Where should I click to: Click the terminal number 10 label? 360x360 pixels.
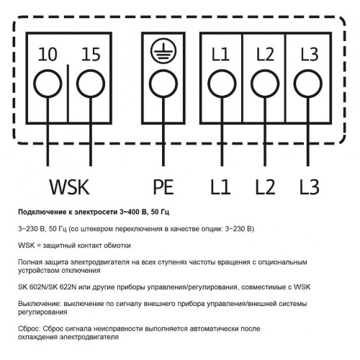click(48, 54)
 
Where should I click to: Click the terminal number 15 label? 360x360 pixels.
click(91, 54)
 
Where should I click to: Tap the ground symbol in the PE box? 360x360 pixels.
click(163, 51)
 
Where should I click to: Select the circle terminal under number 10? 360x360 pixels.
click(48, 84)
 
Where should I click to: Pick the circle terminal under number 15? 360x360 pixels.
click(91, 84)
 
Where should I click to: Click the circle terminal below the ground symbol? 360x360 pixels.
click(163, 84)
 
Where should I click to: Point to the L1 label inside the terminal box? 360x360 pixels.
click(220, 54)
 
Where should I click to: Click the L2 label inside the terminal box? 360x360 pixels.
click(265, 54)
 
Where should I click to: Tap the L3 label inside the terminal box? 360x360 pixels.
click(310, 54)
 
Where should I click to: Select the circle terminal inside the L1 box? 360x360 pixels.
click(222, 84)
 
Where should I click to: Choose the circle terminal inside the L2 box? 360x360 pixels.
click(265, 84)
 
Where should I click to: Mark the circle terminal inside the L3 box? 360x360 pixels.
click(308, 84)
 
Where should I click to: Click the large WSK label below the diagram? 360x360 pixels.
click(70, 187)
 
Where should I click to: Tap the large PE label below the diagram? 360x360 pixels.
click(163, 187)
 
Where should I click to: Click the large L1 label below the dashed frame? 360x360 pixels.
click(220, 187)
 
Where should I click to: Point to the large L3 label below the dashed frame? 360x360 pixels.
click(310, 187)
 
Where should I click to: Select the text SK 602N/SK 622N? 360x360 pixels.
click(48, 287)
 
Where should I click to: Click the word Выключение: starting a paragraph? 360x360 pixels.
click(40, 304)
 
